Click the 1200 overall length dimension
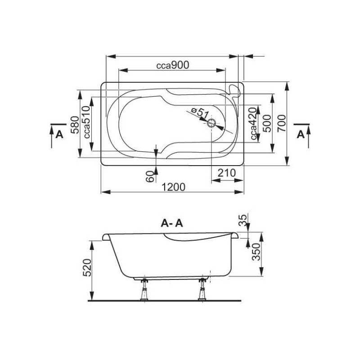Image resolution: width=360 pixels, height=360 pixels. [173, 187]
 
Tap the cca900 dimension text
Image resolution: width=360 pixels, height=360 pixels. [173, 65]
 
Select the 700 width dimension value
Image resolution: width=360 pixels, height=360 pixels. [282, 123]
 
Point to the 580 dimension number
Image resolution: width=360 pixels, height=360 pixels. [75, 125]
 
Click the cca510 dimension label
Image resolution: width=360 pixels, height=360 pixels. [87, 122]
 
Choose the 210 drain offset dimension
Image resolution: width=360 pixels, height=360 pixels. [227, 173]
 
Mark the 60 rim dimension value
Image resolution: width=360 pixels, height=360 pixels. [150, 177]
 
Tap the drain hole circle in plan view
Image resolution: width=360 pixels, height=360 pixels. [211, 123]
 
